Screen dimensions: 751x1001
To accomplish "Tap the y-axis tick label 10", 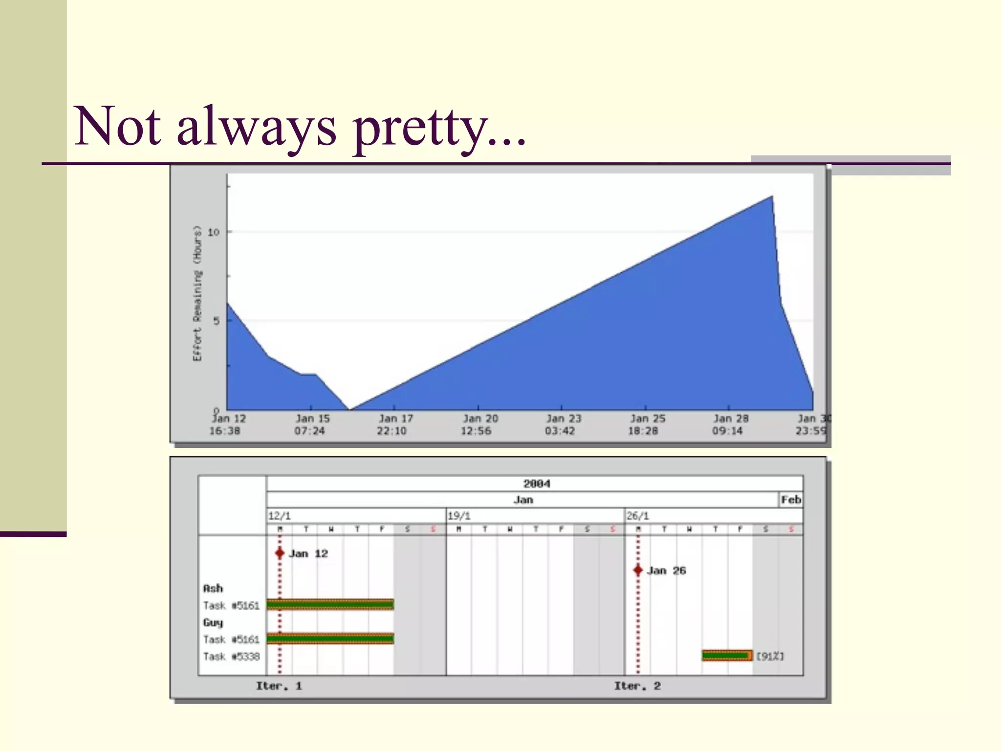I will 214,232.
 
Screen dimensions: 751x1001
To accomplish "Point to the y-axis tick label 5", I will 216,321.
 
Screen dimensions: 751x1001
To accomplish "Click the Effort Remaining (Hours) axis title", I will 197,293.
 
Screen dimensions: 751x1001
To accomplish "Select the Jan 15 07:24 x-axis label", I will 311,424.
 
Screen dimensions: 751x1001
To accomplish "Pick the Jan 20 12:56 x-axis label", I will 479,424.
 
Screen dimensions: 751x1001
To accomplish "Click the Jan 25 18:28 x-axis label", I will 646,424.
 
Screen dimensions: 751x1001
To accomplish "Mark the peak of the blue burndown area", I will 771,197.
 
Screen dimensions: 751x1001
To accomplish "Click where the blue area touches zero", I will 349,409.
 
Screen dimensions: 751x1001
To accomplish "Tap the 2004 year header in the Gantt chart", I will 536,484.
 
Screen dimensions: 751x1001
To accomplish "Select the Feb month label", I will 790,500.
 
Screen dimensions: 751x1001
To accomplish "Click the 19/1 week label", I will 459,516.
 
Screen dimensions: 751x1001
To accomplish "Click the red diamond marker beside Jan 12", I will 280,553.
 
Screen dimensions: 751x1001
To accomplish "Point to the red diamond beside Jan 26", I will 638,570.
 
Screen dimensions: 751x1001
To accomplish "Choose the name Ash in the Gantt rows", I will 213,588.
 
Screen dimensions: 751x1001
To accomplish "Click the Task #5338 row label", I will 231,656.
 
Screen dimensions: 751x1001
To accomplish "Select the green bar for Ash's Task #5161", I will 330,605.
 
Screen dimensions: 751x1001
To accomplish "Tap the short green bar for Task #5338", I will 727,656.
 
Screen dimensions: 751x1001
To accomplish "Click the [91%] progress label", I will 770,656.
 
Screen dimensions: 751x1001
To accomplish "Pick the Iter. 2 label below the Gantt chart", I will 637,686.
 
